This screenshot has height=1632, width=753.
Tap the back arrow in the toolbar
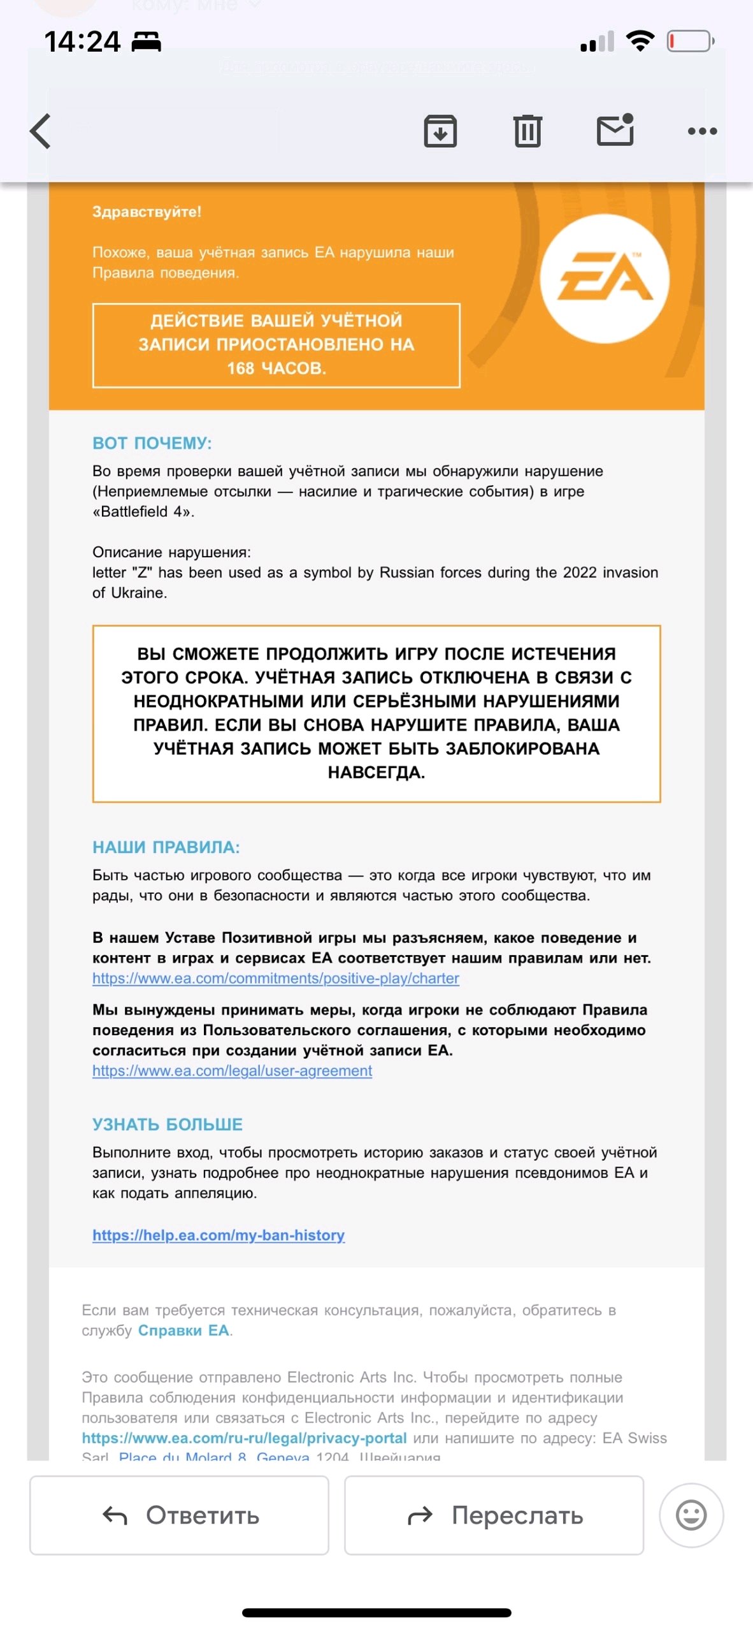pyautogui.click(x=41, y=131)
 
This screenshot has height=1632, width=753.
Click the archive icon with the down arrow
pyautogui.click(x=440, y=131)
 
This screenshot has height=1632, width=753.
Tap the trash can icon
pyautogui.click(x=527, y=131)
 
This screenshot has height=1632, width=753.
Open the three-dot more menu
pyautogui.click(x=702, y=131)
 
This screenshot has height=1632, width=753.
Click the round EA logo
pyautogui.click(x=605, y=279)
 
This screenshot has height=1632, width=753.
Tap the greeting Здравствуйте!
pyautogui.click(x=147, y=212)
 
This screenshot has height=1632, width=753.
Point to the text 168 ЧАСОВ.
pyautogui.click(x=276, y=368)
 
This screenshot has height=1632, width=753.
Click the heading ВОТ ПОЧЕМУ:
pyautogui.click(x=152, y=443)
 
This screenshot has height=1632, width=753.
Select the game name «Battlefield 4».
pyautogui.click(x=143, y=512)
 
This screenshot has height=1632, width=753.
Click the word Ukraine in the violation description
pyautogui.click(x=138, y=593)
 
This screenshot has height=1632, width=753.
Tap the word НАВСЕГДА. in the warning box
pyautogui.click(x=376, y=773)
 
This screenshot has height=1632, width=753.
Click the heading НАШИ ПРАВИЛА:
pyautogui.click(x=166, y=847)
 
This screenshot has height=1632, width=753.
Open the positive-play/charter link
pyautogui.click(x=276, y=979)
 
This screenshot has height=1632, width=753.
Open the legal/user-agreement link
pyautogui.click(x=233, y=1071)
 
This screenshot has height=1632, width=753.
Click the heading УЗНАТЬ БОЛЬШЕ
pyautogui.click(x=168, y=1124)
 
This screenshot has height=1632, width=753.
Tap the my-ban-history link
pyautogui.click(x=219, y=1235)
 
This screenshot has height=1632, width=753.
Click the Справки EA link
pyautogui.click(x=183, y=1330)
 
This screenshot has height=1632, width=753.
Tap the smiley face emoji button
pyautogui.click(x=691, y=1515)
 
